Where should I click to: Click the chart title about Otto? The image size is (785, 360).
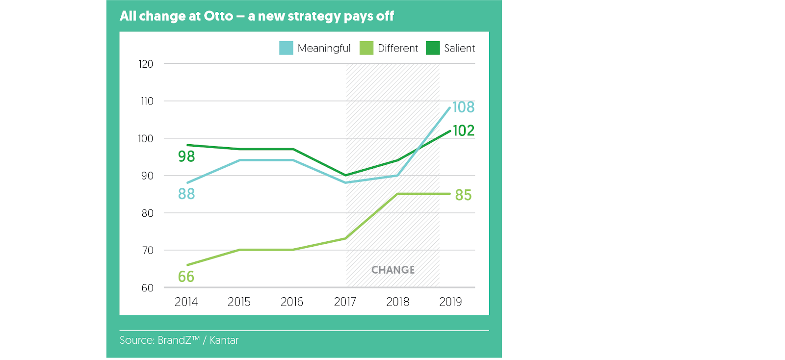pyautogui.click(x=257, y=16)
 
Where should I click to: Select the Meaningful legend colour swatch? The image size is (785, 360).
pyautogui.click(x=286, y=48)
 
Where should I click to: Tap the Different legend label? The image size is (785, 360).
pyautogui.click(x=397, y=48)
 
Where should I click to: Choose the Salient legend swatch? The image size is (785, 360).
pyautogui.click(x=433, y=48)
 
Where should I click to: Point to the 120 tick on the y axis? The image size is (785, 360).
pyautogui.click(x=146, y=64)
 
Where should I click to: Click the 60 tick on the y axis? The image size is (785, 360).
pyautogui.click(x=147, y=288)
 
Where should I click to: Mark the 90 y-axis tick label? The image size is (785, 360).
pyautogui.click(x=147, y=176)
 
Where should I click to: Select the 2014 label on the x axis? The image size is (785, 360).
pyautogui.click(x=186, y=302)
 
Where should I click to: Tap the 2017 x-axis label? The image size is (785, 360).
pyautogui.click(x=345, y=302)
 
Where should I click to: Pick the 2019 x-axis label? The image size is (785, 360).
pyautogui.click(x=450, y=302)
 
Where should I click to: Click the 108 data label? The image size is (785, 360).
pyautogui.click(x=463, y=107)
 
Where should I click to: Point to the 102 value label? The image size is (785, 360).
pyautogui.click(x=463, y=130)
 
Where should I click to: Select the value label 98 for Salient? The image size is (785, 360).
pyautogui.click(x=186, y=156)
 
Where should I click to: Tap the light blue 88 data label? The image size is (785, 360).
pyautogui.click(x=186, y=194)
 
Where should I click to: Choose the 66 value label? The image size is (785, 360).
pyautogui.click(x=186, y=277)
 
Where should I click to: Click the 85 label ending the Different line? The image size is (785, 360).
pyautogui.click(x=463, y=195)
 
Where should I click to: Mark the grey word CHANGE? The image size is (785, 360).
pyautogui.click(x=393, y=270)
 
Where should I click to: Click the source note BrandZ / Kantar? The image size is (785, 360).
pyautogui.click(x=179, y=340)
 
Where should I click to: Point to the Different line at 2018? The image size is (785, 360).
pyautogui.click(x=398, y=194)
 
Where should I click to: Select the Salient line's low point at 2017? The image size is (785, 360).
pyautogui.click(x=345, y=175)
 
